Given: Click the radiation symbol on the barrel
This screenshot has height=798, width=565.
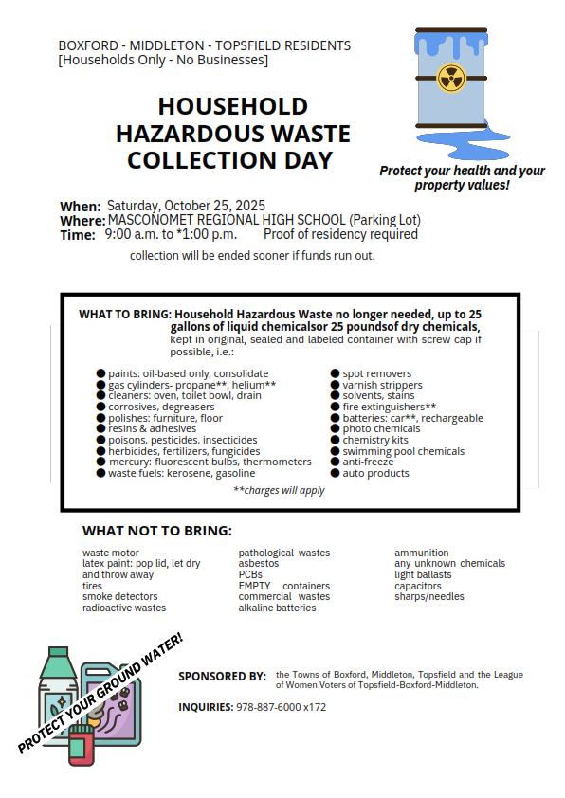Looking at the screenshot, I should tap(451, 78).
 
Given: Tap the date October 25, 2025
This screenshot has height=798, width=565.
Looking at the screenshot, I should tap(217, 206).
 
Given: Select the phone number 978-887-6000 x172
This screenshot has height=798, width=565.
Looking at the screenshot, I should tap(281, 707).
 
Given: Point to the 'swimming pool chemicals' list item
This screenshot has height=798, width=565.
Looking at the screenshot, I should tap(403, 451).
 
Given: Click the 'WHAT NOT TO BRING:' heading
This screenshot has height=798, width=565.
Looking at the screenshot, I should tap(156, 531).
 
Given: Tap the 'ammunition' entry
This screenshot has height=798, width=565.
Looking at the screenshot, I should tap(422, 553).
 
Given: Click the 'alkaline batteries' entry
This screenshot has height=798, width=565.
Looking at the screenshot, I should tap(277, 608).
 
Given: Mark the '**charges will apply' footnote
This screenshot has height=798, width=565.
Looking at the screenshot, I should tap(279, 491).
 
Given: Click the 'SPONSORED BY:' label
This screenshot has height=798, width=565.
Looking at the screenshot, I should tap(222, 677).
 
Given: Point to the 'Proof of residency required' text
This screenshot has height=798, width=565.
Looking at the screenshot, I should tap(340, 234).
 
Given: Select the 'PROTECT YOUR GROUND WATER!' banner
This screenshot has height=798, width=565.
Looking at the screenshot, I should tap(100, 693).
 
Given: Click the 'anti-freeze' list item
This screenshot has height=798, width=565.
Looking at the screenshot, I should tap(368, 462).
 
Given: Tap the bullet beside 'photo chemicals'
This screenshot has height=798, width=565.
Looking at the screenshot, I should tap(335, 429).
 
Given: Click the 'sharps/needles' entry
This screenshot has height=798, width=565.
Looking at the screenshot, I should tap(429, 597).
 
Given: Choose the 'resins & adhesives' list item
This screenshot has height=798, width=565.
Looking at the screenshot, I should tap(152, 429).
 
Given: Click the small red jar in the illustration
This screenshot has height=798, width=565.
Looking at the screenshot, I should tap(82, 749).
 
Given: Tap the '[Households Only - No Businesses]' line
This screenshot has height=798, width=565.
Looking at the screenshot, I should tap(162, 61).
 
